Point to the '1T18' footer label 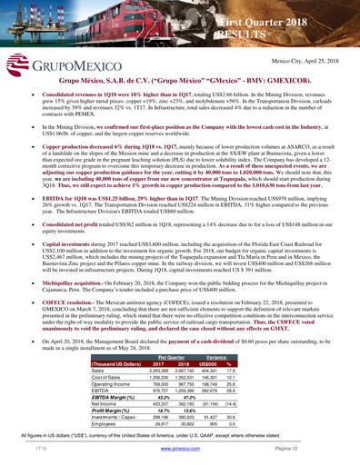point(41,449)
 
